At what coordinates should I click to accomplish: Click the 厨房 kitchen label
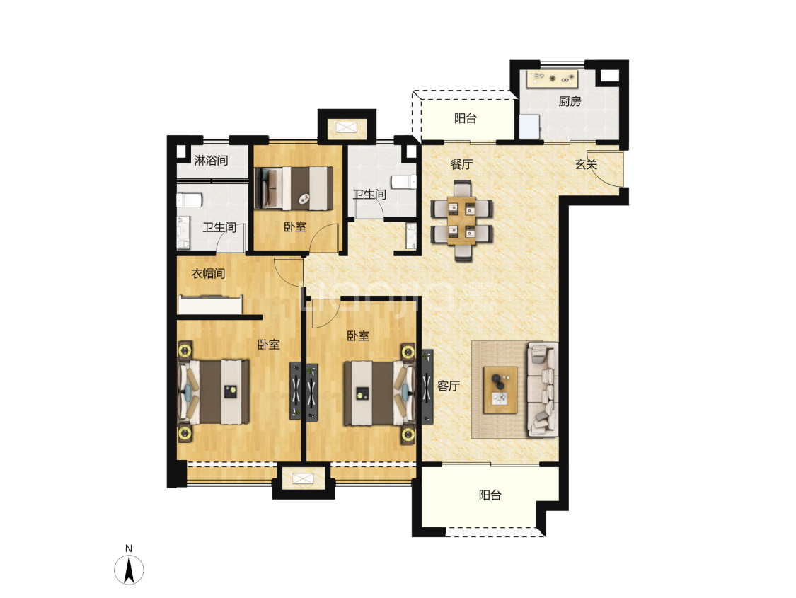tap(570, 101)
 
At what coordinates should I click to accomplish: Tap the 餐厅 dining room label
tap(461, 164)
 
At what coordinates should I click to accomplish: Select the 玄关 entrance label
tap(586, 164)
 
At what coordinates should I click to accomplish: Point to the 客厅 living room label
tap(449, 386)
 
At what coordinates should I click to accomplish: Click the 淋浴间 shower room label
tap(211, 161)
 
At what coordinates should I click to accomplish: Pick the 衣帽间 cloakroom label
tap(208, 273)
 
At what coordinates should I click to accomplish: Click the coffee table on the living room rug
tap(500, 390)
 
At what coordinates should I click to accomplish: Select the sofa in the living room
tap(542, 389)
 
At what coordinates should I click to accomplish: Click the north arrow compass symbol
tap(129, 570)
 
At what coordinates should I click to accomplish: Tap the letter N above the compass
tap(129, 548)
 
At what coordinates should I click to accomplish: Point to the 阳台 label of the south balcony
tap(490, 495)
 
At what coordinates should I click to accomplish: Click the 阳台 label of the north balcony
tap(466, 118)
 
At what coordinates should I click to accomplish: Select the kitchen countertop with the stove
tap(553, 79)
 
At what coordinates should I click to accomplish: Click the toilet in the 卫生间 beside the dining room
tap(404, 182)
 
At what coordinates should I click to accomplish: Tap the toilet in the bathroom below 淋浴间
tap(189, 200)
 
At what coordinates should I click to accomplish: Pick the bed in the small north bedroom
tap(294, 188)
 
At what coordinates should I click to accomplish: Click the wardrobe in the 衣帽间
tap(210, 304)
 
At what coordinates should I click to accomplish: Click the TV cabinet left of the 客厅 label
tap(427, 386)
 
